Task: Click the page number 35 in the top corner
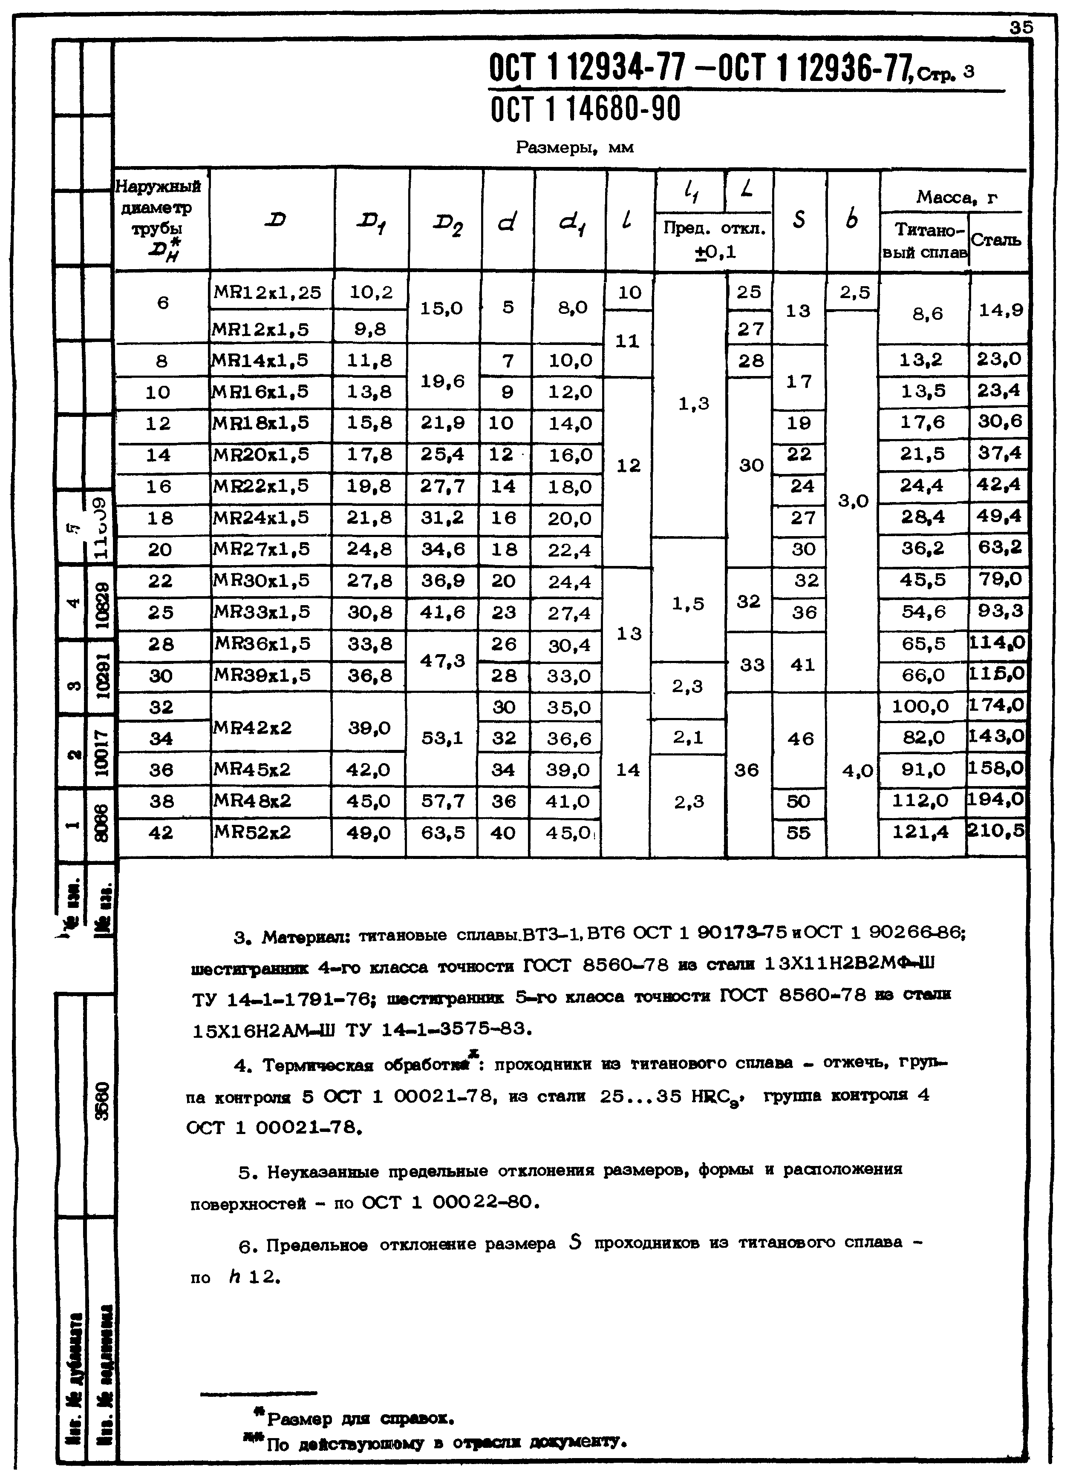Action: (1020, 27)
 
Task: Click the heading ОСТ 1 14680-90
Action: (585, 109)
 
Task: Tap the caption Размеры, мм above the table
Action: (574, 148)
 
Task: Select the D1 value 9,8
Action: (370, 329)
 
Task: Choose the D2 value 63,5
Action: (443, 833)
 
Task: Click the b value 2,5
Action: (854, 293)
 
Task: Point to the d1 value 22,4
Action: (569, 550)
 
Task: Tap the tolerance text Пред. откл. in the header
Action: (714, 229)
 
